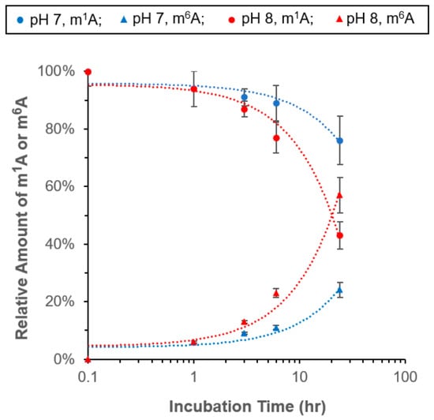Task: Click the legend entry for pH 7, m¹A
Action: [59, 20]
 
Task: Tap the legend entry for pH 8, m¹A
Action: [271, 20]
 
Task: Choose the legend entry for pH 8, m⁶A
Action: [375, 20]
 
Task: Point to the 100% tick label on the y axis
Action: [56, 71]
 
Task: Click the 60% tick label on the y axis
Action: [59, 186]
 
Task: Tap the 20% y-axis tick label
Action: [59, 302]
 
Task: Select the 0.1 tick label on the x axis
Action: [88, 377]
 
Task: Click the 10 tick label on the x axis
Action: [300, 377]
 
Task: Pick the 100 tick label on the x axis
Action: [406, 377]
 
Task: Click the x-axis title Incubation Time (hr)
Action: [247, 407]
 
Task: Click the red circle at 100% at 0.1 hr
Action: [88, 73]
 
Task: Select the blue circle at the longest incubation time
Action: [339, 141]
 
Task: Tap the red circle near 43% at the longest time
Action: [339, 235]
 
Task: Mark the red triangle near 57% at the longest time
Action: [339, 196]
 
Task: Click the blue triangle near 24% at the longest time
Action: [339, 291]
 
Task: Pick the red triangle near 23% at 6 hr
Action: [276, 293]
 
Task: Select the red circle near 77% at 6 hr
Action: [276, 138]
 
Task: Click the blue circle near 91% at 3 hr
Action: [244, 97]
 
